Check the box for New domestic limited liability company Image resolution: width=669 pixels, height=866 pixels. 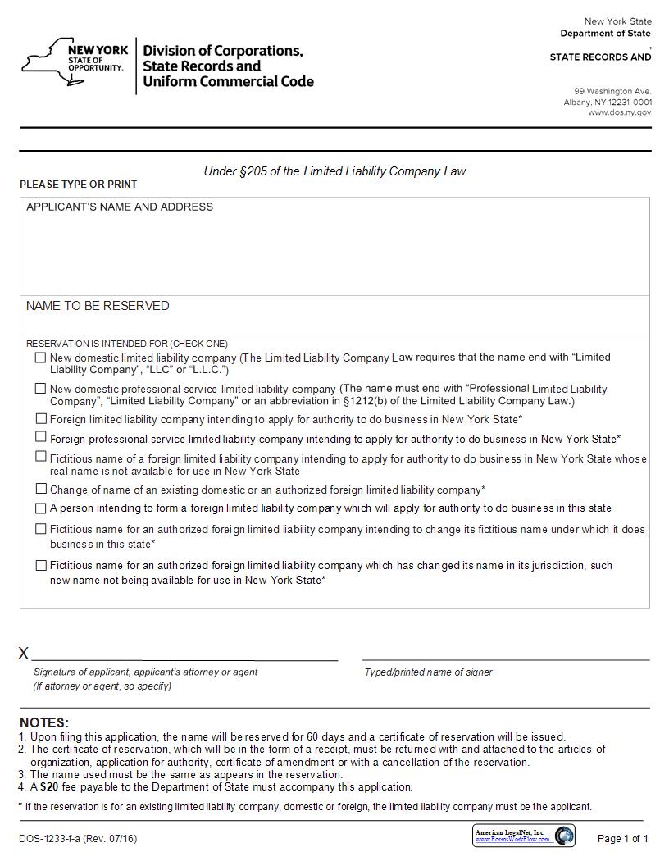point(40,358)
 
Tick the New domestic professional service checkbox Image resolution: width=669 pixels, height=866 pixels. point(40,389)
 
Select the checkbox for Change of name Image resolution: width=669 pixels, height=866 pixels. point(40,489)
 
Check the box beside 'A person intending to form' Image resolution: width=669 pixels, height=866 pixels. point(40,508)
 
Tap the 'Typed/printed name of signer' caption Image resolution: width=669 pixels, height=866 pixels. point(428,672)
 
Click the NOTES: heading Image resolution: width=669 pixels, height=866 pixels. point(44,722)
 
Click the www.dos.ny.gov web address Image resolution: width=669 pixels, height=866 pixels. point(619,112)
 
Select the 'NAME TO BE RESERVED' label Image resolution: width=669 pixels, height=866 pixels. point(98,306)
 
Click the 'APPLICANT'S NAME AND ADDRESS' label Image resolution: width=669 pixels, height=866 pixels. point(120,207)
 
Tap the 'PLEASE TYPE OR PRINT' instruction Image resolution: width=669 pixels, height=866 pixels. point(79,185)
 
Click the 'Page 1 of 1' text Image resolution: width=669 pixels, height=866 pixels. point(622,838)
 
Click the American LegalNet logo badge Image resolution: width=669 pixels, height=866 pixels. point(524,836)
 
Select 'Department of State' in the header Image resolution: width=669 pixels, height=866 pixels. point(605,34)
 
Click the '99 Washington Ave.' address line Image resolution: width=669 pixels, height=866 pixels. point(612,91)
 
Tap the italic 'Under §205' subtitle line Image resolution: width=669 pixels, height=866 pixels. point(334,171)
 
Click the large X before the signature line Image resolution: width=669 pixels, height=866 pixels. point(24,654)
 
